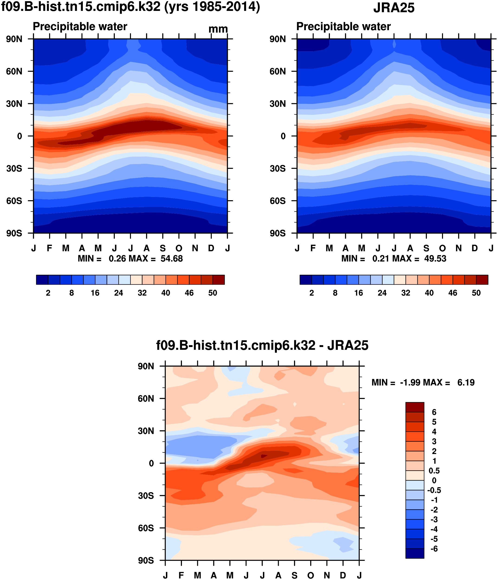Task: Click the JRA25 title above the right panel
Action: click(394, 8)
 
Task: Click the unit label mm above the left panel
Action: click(218, 29)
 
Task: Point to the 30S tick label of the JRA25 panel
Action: click(278, 168)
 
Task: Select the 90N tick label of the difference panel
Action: click(146, 366)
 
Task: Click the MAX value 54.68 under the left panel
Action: click(171, 259)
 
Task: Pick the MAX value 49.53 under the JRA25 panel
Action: click(435, 259)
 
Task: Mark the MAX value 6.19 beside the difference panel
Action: click(466, 383)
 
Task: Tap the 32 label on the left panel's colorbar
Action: click(142, 293)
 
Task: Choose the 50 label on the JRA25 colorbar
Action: click(476, 293)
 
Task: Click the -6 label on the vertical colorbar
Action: click(434, 549)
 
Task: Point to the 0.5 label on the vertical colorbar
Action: click(434, 470)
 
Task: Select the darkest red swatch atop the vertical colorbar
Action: click(415, 407)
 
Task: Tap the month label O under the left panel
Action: click(179, 248)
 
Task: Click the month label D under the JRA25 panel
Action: click(475, 248)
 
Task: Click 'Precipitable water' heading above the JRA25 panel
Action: click(343, 27)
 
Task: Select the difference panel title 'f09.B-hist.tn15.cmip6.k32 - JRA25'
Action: click(262, 345)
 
